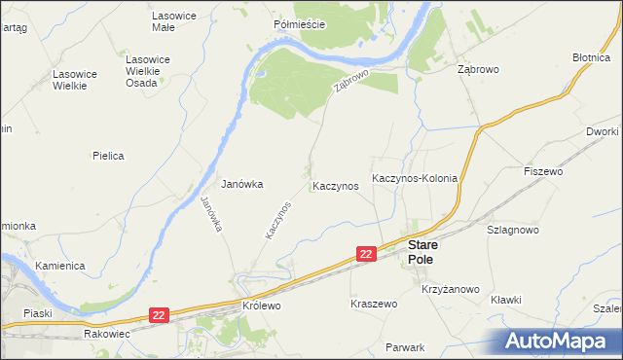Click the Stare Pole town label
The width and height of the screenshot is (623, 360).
coord(421,253)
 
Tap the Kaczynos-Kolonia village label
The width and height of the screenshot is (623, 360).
coord(415,182)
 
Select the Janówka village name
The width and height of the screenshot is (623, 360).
coord(242,183)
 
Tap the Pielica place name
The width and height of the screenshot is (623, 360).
coord(109,155)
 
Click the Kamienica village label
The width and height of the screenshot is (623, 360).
coord(60,266)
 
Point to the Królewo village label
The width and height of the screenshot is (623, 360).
coord(261,305)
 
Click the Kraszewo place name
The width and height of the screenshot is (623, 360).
coord(374,304)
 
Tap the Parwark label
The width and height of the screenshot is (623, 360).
coord(405,347)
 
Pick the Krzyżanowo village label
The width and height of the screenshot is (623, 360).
coord(451,289)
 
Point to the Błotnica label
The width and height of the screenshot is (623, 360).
coord(592,57)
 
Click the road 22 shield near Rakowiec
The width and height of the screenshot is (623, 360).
coord(161,314)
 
